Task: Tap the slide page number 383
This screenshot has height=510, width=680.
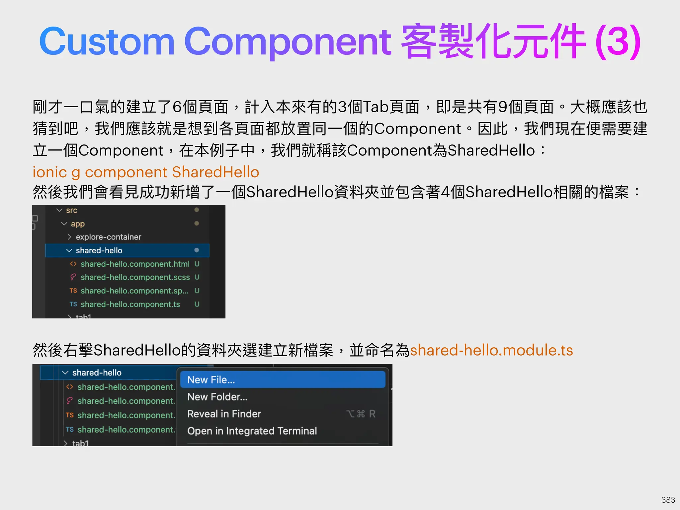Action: click(668, 500)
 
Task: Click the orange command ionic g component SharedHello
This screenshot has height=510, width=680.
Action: click(146, 172)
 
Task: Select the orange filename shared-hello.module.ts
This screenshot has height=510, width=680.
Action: click(491, 350)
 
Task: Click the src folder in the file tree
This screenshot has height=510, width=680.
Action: click(71, 210)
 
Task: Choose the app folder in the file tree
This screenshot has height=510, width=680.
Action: click(78, 224)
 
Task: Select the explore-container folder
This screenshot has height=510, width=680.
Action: click(108, 237)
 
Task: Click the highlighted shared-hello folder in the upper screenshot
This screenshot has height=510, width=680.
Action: click(99, 250)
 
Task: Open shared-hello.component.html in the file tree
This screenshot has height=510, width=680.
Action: click(135, 264)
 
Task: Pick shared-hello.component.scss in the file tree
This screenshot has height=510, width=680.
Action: click(135, 277)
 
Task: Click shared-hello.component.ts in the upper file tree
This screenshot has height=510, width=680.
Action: click(130, 304)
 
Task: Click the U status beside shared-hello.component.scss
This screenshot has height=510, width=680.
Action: click(197, 277)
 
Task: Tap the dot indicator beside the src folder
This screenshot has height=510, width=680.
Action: click(197, 210)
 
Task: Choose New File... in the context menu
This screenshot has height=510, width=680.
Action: click(211, 380)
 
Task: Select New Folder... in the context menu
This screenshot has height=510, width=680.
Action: click(217, 397)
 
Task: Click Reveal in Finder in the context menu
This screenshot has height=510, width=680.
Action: click(224, 414)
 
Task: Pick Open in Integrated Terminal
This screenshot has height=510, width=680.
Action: click(252, 431)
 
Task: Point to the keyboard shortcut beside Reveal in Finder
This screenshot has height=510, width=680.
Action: click(361, 414)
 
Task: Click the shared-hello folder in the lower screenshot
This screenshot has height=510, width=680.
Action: click(97, 373)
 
